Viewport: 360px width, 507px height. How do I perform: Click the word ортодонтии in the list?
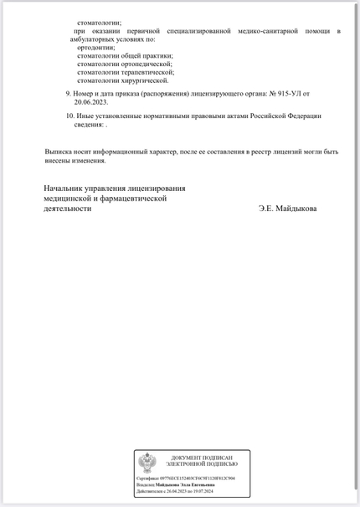point(96,47)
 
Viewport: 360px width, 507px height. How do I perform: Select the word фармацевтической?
point(136,199)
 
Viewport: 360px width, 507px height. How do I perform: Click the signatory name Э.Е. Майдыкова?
point(288,209)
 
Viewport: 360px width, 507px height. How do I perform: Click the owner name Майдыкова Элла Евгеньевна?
point(184,484)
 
